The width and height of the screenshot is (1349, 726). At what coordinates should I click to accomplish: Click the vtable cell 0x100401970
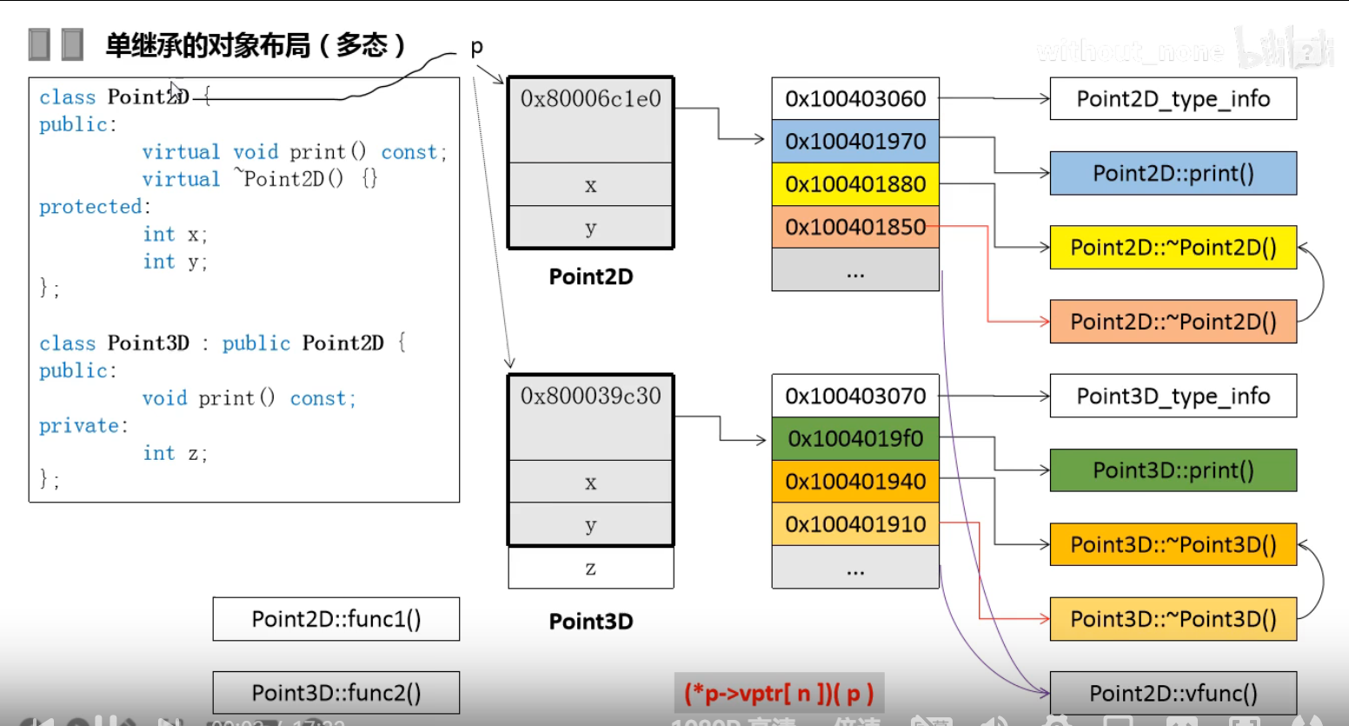tap(855, 141)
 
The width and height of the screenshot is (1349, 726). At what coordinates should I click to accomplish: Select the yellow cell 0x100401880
tap(855, 183)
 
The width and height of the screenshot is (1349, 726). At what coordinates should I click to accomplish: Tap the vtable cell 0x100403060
tap(855, 98)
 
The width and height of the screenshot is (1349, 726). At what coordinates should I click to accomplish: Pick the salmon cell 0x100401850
tap(855, 226)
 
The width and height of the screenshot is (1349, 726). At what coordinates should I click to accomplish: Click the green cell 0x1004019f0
tap(855, 438)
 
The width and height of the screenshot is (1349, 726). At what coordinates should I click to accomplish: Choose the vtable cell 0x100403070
tap(855, 396)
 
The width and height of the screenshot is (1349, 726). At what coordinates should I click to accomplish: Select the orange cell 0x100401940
tap(855, 481)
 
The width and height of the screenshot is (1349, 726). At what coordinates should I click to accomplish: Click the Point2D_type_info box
tap(1173, 99)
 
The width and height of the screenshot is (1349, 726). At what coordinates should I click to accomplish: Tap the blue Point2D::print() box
tap(1173, 173)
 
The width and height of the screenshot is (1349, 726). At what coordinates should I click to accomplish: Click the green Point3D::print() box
tap(1173, 470)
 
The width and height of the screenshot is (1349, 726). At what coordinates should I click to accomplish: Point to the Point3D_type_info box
tap(1173, 396)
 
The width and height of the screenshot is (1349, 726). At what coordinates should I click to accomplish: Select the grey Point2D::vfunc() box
tap(1173, 693)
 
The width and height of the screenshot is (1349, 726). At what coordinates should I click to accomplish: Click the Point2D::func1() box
tap(336, 619)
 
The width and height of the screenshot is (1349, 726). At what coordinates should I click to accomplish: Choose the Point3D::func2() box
tap(336, 693)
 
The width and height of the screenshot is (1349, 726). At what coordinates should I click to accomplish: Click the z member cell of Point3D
tap(591, 568)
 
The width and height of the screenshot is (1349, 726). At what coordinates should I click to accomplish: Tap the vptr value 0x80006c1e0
tap(591, 99)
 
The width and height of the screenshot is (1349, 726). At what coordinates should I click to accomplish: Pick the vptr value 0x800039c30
tap(591, 396)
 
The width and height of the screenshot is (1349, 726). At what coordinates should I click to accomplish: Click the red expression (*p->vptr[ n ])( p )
tap(779, 693)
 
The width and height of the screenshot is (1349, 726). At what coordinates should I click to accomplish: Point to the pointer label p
tap(476, 47)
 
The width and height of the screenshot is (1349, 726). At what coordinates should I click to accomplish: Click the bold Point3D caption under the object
tap(591, 622)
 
